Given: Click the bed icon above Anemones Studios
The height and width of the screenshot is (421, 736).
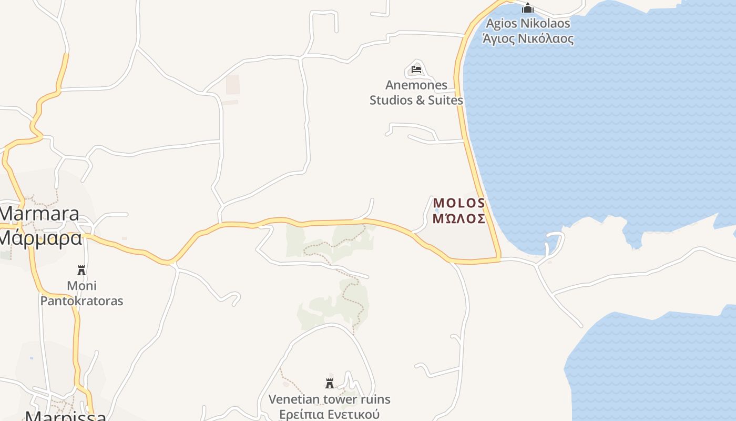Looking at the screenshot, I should pos(416,69).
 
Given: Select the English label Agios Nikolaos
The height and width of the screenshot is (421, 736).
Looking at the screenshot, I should pos(528,24).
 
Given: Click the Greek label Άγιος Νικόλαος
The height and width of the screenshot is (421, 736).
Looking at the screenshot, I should pos(528,38).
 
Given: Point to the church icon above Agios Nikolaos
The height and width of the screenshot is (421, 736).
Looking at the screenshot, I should pos(528,8).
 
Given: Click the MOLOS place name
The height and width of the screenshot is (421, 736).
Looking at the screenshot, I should pos(459,203).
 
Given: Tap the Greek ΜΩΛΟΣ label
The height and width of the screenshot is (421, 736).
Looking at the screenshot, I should pos(459,218).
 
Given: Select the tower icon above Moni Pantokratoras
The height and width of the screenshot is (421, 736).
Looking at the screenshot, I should pos(81,270).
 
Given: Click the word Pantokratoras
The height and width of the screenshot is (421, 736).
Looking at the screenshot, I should pos(81,301).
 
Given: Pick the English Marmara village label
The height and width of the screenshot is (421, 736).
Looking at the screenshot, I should pos(39,214).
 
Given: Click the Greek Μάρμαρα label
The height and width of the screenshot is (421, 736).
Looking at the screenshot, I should pos(40,238).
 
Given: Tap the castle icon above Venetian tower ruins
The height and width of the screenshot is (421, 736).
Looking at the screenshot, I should pos(330,383).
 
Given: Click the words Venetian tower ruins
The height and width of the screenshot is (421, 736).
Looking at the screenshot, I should pos(330,399).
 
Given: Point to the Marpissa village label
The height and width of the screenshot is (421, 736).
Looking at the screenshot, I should pos(66,416).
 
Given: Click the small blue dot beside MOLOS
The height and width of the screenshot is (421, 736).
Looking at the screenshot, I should pos(437,210).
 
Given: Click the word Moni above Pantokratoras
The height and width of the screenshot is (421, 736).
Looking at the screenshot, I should pos(81,286).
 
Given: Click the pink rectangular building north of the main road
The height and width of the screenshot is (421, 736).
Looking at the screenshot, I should pos(232,85).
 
